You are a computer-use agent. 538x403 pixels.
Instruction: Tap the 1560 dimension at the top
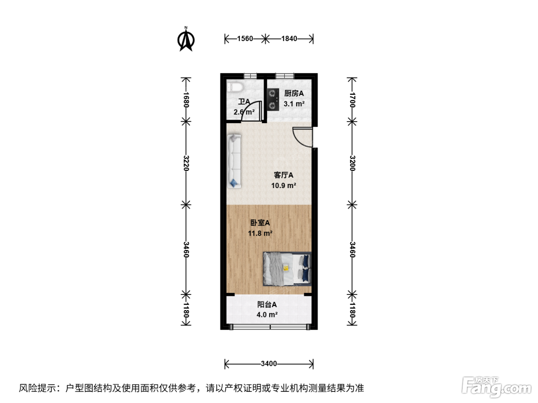(245, 39)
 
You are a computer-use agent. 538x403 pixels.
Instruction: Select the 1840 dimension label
(289, 39)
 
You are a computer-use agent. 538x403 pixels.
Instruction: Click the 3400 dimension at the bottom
(269, 363)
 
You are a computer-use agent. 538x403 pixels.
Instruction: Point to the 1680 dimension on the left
(186, 99)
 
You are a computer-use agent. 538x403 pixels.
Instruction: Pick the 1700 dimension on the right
(352, 100)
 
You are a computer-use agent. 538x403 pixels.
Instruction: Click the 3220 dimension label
(186, 163)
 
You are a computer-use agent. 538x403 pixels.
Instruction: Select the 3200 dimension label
(352, 163)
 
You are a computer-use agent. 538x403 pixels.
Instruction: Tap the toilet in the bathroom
(234, 87)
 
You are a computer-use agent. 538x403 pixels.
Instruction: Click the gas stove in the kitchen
(273, 99)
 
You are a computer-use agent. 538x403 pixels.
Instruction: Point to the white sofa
(234, 161)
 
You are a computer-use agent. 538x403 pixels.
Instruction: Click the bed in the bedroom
(287, 269)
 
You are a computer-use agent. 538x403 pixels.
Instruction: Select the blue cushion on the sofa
(234, 183)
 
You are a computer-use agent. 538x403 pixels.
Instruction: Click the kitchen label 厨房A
(294, 93)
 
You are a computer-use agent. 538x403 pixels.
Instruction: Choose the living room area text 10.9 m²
(284, 185)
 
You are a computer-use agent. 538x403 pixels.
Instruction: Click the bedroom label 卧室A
(260, 223)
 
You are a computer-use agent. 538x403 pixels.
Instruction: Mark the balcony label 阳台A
(267, 304)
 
